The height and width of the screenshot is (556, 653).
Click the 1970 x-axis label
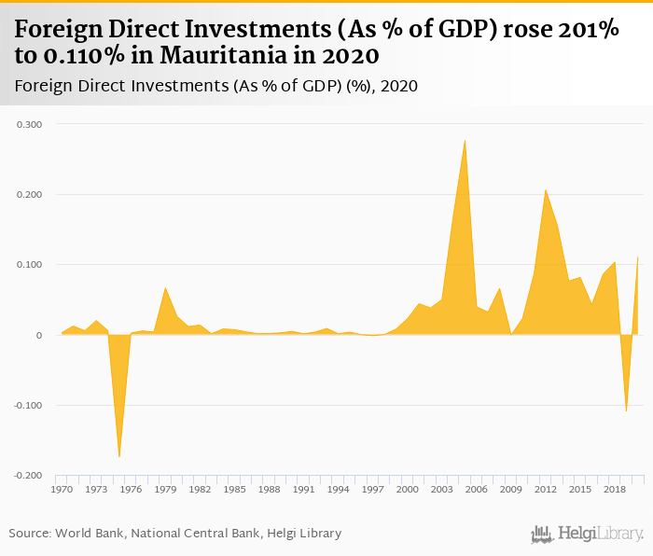point(62,490)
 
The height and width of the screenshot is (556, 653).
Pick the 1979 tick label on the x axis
point(165,490)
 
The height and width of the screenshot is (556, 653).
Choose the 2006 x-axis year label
point(476,490)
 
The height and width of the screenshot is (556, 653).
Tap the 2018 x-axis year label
point(614,490)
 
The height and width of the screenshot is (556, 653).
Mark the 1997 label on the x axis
point(372,490)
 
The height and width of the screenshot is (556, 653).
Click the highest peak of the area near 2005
point(465,140)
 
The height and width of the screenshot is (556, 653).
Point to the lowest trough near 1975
point(119,456)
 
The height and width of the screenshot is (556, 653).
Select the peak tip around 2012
point(546,189)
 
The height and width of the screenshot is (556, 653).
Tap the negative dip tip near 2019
point(626,410)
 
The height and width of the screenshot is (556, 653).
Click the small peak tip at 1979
point(165,287)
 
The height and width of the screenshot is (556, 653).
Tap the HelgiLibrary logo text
point(601,535)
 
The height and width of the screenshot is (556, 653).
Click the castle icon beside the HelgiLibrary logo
point(542,535)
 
